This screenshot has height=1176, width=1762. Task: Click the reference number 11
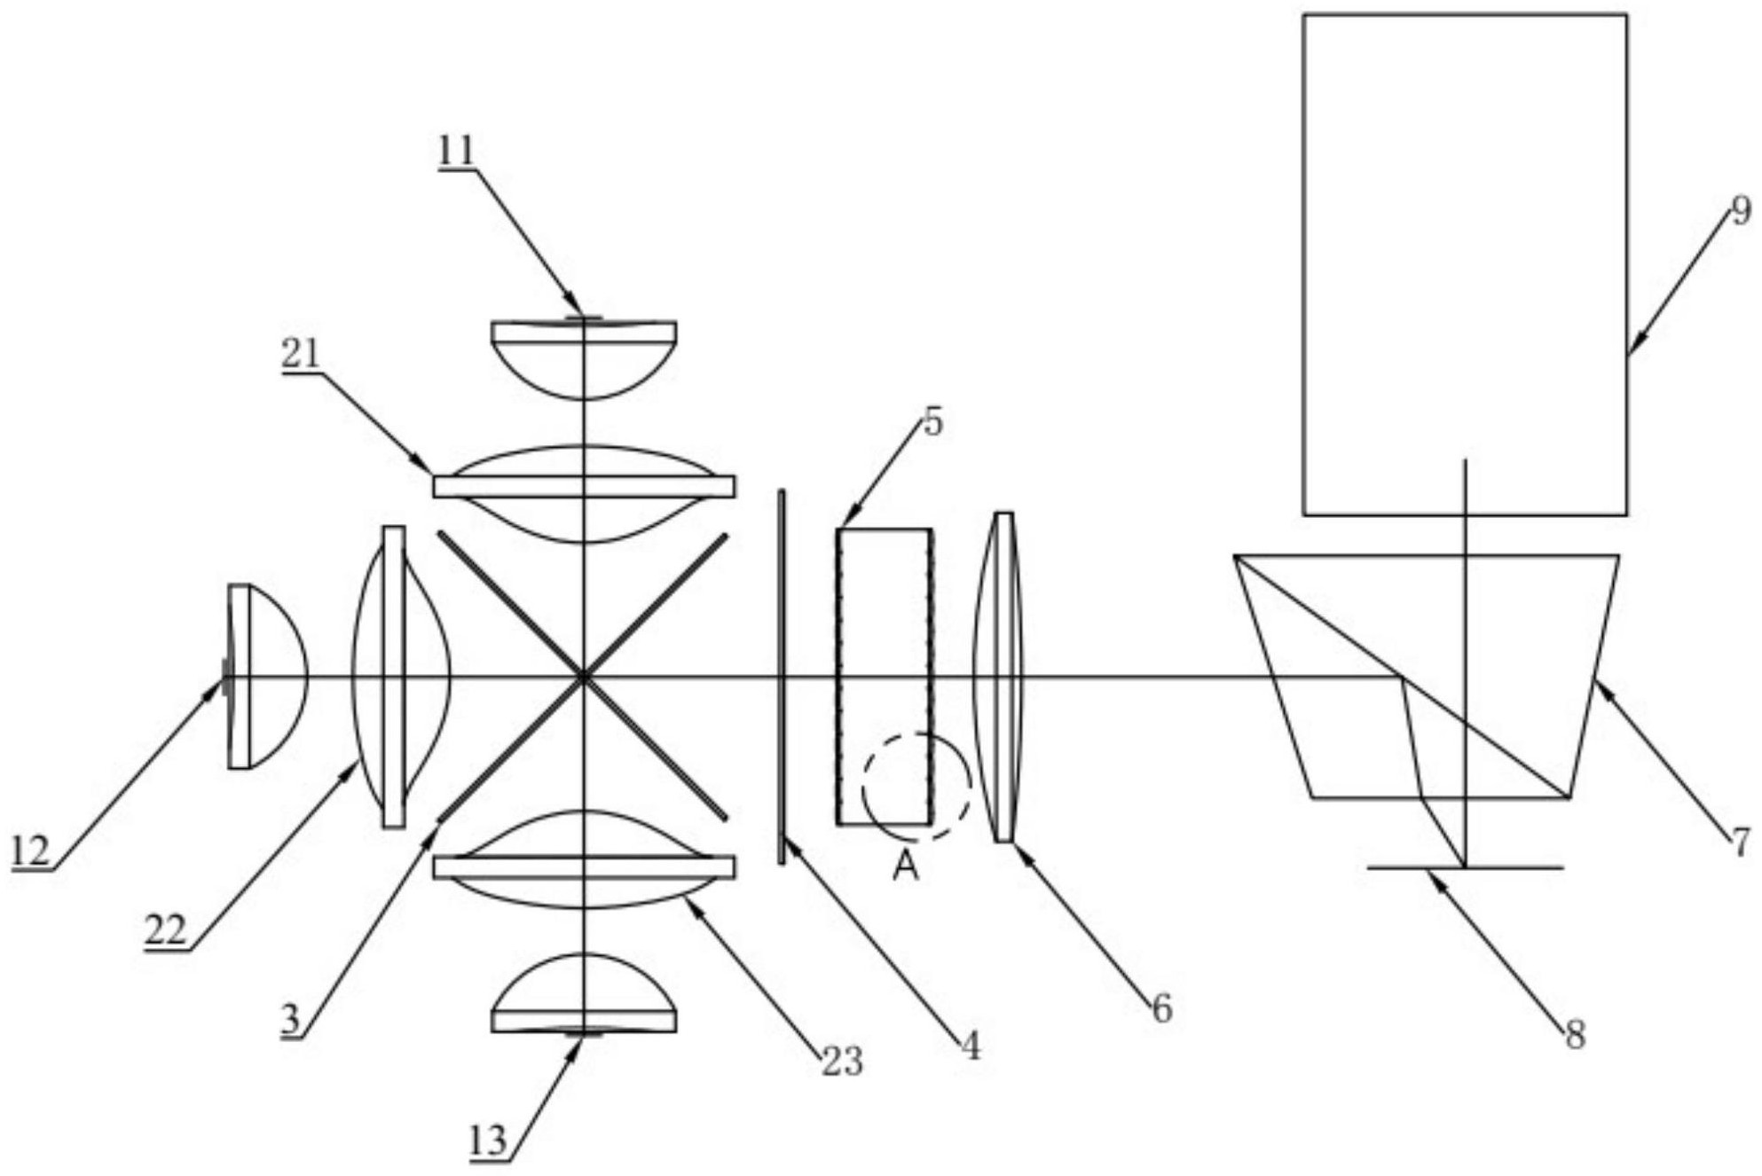coord(456,151)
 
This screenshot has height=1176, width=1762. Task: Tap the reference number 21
coord(301,355)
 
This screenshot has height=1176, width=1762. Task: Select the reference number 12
coord(30,852)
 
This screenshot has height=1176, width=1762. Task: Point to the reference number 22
coord(166,930)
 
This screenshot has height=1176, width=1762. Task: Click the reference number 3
coord(291,1020)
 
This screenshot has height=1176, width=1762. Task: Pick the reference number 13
coord(488,1141)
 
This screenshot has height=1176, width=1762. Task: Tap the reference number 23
coord(841,1061)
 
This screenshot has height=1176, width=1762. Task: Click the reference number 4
coord(971,1047)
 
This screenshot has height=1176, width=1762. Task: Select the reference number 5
coord(932,422)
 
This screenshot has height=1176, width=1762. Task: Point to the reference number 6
coord(1162,1008)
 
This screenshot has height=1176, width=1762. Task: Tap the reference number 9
coord(1741,211)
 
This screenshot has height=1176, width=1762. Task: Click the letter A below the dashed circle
coord(905,866)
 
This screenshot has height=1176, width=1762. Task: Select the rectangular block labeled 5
coord(884,677)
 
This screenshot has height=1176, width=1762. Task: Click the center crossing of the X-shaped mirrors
coord(583,678)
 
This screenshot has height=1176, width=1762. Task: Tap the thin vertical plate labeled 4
coord(782,677)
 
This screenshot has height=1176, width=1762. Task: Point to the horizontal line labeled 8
coord(1464,866)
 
